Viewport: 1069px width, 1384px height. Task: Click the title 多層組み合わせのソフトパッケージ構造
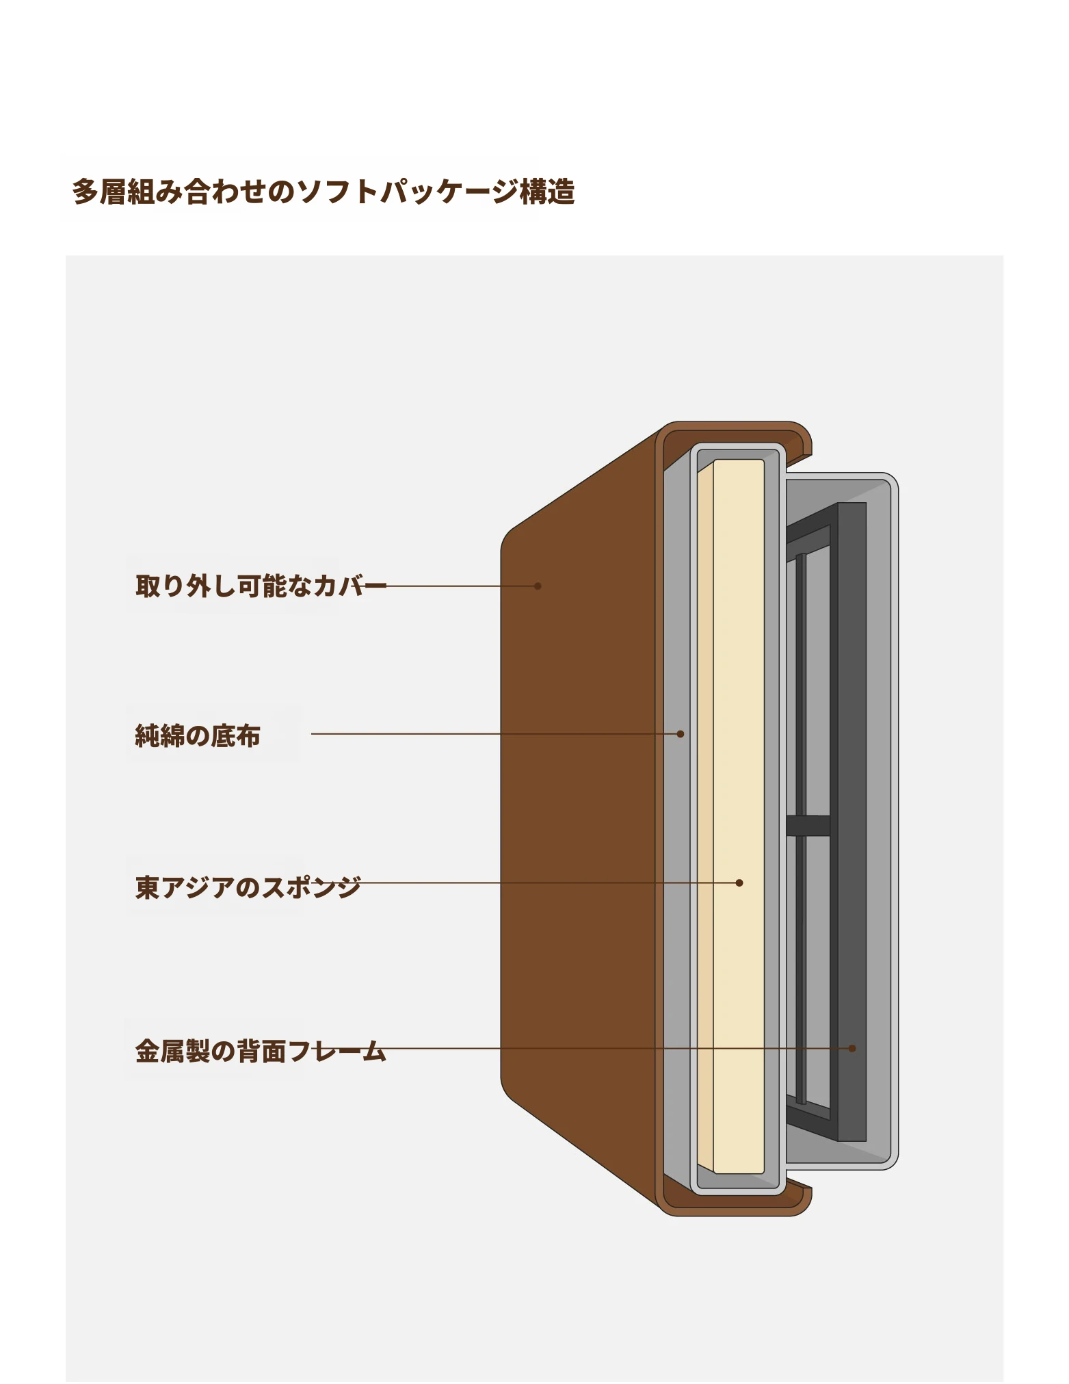tap(324, 192)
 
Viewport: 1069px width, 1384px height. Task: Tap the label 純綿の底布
tap(198, 736)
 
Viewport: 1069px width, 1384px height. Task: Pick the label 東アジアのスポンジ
tap(248, 887)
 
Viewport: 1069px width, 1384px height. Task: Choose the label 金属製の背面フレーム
tap(261, 1051)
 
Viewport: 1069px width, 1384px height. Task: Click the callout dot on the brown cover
tap(538, 586)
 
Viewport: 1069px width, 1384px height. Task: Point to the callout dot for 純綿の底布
tap(681, 734)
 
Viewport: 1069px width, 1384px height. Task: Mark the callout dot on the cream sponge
tap(739, 883)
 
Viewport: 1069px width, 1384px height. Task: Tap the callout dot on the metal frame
tap(852, 1048)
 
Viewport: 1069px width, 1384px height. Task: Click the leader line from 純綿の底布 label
tap(496, 734)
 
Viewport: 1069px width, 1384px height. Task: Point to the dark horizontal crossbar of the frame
tap(808, 826)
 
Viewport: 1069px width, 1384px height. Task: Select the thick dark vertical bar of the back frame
tap(852, 822)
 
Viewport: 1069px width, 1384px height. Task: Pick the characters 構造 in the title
tap(548, 192)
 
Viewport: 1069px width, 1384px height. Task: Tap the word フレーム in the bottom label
tap(338, 1051)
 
